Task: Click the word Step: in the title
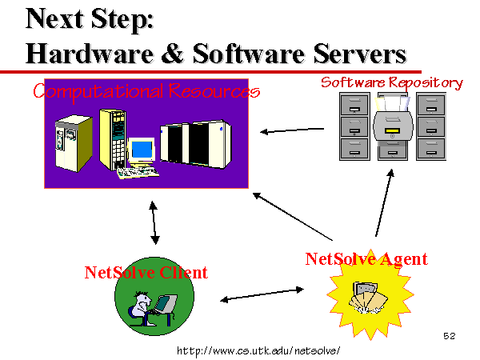coord(122,20)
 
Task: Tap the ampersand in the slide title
coord(173,53)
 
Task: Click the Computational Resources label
coord(146,91)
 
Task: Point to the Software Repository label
coord(391,82)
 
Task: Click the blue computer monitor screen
coord(142,149)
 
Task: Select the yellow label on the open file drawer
coord(392,130)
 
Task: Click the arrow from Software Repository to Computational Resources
coord(292,130)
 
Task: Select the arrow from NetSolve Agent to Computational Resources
coord(293,217)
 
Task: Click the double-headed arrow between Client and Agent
coord(262,294)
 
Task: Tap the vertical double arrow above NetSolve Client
coord(154,222)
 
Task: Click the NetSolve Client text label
coord(146,273)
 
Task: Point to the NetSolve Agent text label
coord(366,259)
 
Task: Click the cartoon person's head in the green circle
coord(143,298)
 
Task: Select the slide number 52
coord(450,336)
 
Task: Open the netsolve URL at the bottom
coord(258,350)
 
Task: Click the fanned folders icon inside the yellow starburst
coord(368,298)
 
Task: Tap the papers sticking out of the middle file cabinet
coord(392,103)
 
